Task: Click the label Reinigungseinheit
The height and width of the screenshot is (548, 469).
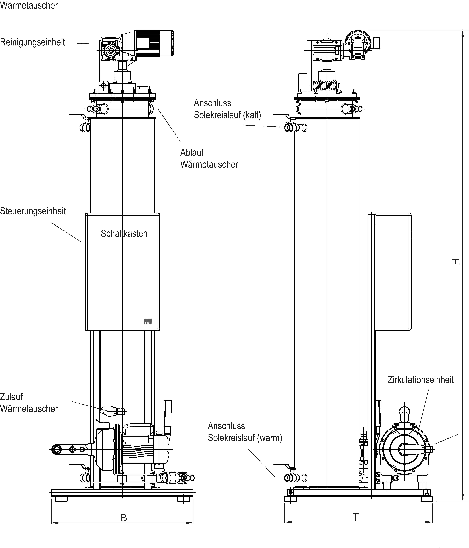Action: click(x=33, y=42)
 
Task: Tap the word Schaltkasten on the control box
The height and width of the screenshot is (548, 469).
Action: click(x=124, y=234)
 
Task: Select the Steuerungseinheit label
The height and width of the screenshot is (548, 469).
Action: click(x=33, y=211)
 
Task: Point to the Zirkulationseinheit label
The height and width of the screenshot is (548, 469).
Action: click(x=421, y=380)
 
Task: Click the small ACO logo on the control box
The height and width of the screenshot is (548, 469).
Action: click(x=148, y=321)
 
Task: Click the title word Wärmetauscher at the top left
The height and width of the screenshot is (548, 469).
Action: click(x=29, y=5)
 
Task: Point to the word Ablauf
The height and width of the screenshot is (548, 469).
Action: click(x=192, y=153)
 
